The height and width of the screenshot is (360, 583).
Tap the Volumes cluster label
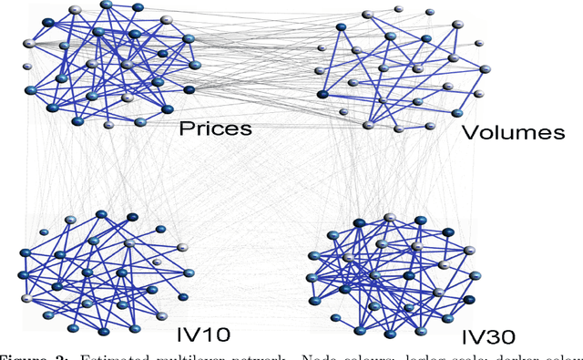click(514, 132)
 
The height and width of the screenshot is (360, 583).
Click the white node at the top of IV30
click(390, 218)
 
